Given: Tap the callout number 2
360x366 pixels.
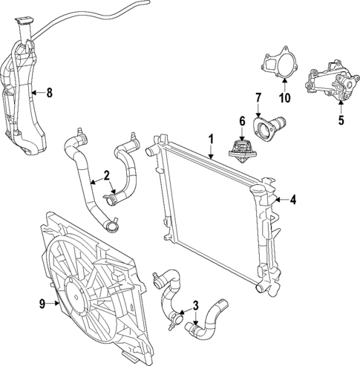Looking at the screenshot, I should (107, 175).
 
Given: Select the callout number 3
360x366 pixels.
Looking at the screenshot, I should (195, 304).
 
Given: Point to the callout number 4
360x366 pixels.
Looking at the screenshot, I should (292, 199).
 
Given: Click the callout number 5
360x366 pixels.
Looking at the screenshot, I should (341, 117).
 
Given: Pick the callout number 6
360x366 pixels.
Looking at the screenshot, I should (241, 121).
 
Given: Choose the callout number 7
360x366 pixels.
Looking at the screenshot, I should (258, 98).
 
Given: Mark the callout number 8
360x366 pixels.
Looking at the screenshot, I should (50, 93).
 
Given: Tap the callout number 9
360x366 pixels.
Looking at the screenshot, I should (41, 303).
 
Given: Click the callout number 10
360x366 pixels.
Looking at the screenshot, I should (284, 97).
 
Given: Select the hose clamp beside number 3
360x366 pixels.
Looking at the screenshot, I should (174, 320).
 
